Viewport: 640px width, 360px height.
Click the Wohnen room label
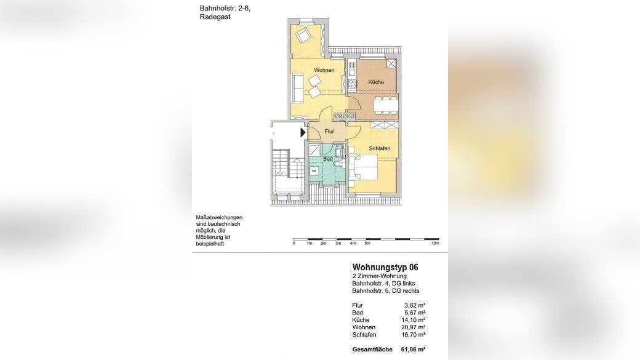click(324, 70)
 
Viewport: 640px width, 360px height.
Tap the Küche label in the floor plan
click(376, 82)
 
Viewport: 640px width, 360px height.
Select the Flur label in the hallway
click(329, 132)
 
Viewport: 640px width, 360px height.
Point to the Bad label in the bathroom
click(328, 159)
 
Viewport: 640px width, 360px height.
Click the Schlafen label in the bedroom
click(380, 148)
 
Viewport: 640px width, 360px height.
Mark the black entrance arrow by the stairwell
click(302, 132)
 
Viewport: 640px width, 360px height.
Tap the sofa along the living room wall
click(296, 87)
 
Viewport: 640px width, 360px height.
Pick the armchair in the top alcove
click(304, 34)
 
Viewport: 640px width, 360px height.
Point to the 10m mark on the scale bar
click(435, 244)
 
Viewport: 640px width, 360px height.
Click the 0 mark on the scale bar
click(294, 244)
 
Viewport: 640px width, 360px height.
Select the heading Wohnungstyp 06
click(385, 268)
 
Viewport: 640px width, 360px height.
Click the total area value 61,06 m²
click(414, 349)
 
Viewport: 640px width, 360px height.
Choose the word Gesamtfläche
click(371, 349)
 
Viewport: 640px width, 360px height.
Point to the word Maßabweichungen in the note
click(219, 218)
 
